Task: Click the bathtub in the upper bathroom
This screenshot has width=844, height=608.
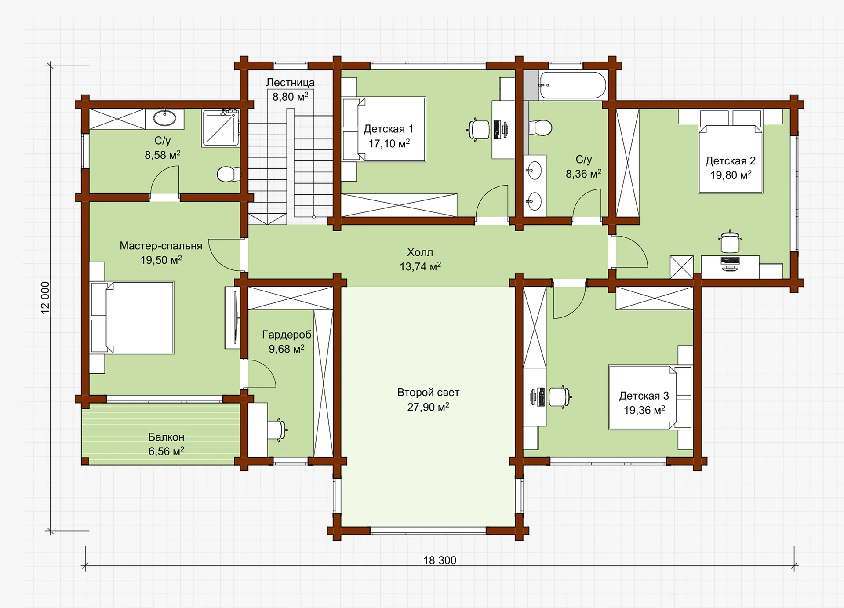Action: click(573, 85)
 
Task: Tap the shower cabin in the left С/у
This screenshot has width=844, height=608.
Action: click(220, 128)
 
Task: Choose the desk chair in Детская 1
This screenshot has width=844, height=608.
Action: click(478, 129)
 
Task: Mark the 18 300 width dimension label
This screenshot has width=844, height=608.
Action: click(440, 560)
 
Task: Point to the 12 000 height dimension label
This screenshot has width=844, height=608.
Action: click(45, 298)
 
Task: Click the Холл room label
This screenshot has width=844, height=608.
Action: click(420, 252)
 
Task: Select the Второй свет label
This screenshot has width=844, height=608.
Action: click(428, 392)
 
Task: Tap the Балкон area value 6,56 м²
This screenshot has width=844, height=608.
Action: click(166, 451)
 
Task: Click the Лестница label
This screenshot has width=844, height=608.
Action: click(290, 82)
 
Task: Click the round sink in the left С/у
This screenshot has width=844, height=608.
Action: click(164, 118)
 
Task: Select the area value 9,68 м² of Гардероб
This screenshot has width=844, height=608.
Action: click(287, 349)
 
